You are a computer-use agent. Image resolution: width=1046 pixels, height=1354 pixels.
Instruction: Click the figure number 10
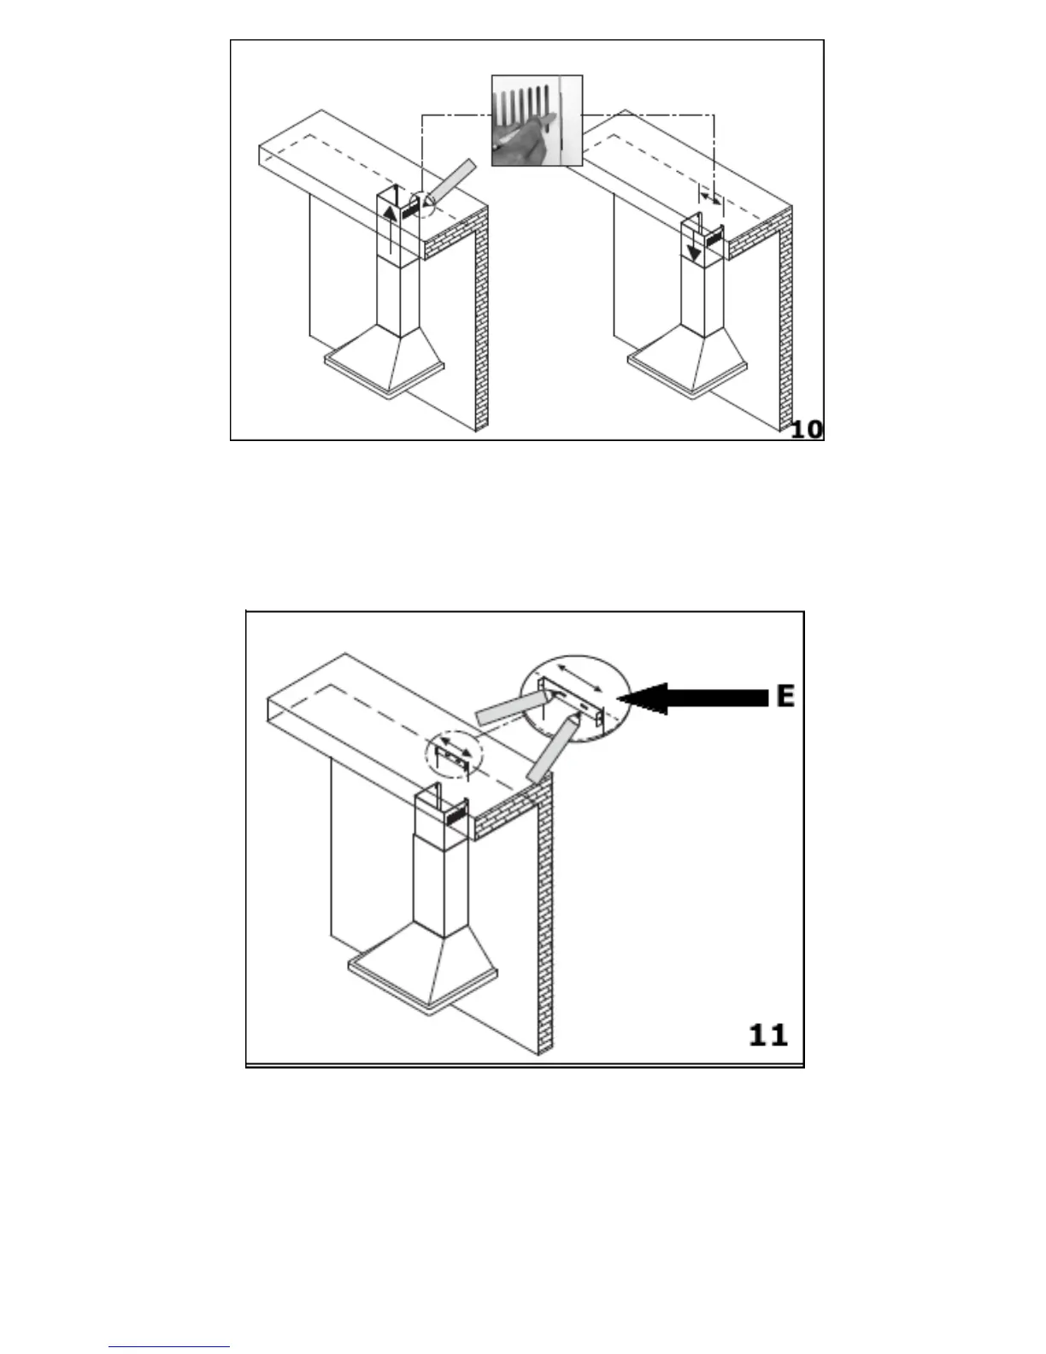click(807, 428)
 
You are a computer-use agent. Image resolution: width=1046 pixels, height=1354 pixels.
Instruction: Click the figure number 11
click(767, 1035)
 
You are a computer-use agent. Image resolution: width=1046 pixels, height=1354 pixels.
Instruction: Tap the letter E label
click(785, 697)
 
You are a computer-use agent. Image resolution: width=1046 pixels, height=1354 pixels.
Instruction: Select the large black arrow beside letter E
click(692, 698)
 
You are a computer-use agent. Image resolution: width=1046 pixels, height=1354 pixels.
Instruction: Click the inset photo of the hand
click(537, 120)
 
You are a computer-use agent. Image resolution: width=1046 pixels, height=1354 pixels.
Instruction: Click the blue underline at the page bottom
click(170, 1347)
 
